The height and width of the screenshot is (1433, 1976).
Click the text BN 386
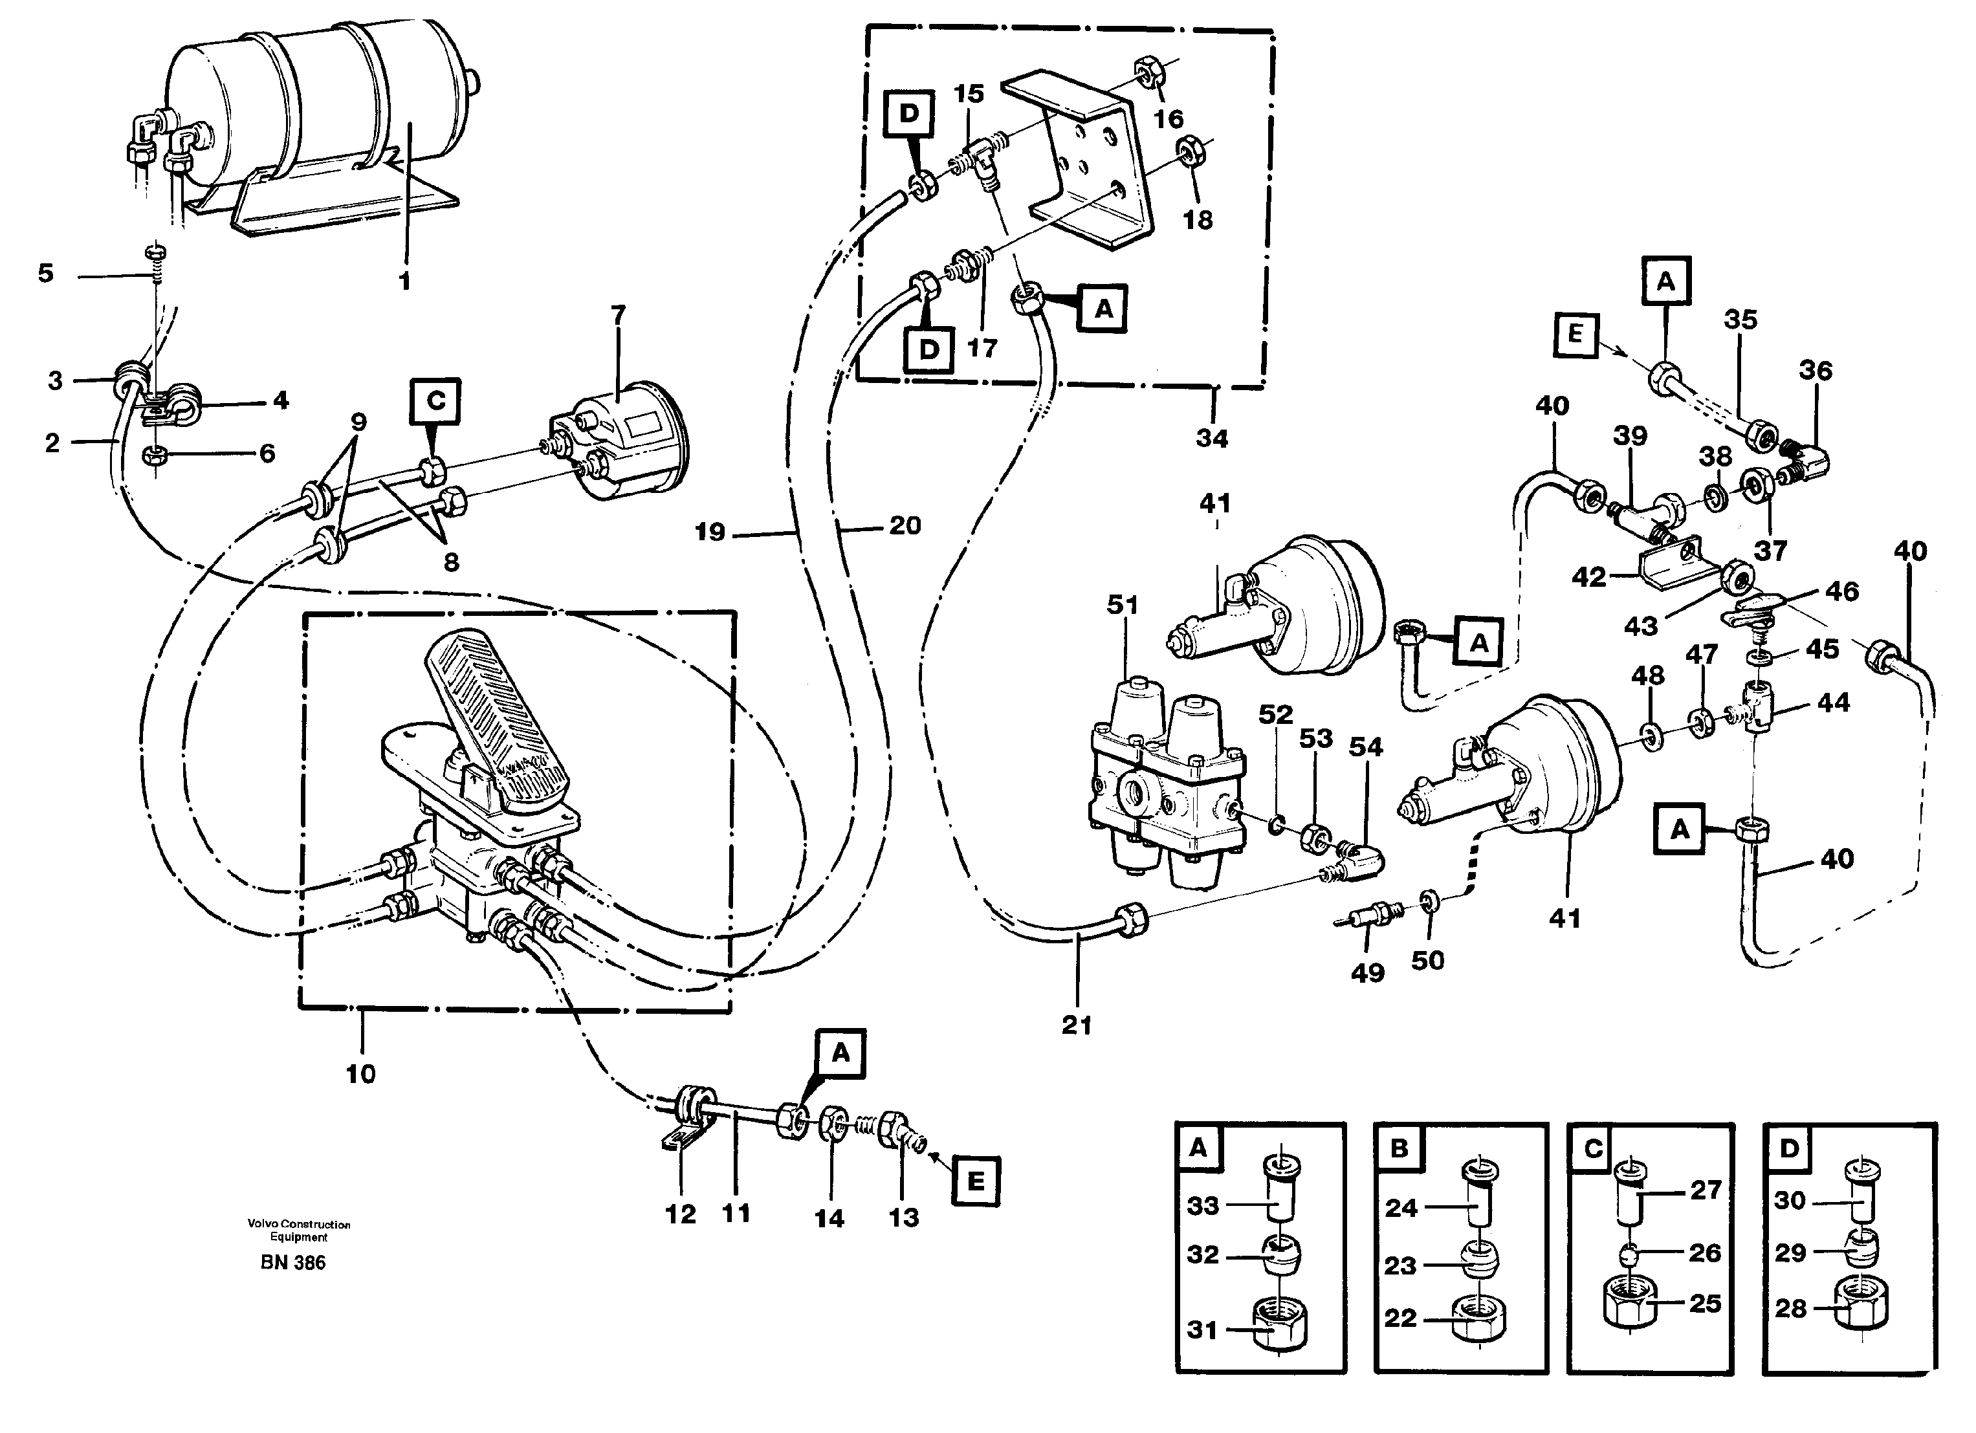pos(292,1263)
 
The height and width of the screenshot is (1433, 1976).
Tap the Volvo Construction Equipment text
pos(298,1230)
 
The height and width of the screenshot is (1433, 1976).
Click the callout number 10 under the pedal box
pos(360,1073)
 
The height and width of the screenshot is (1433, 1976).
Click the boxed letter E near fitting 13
pos(975,1181)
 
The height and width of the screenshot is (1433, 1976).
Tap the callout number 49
pos(1367,972)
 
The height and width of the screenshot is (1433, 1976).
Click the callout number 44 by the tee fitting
pos(1833,702)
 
